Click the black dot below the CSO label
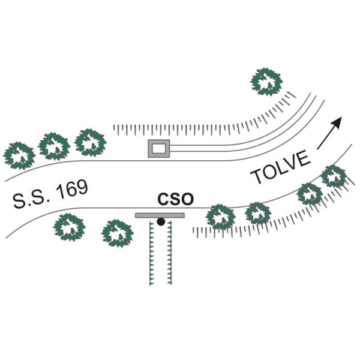(161, 221)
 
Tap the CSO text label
(176, 199)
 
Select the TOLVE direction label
(280, 167)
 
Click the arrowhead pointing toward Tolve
(337, 122)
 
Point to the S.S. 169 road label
(50, 194)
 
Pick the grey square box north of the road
(159, 148)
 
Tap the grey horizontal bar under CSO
(160, 215)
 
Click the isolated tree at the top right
(266, 82)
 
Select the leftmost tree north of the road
(19, 155)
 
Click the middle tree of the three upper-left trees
(54, 146)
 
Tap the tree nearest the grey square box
(90, 143)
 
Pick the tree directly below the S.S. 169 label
(70, 227)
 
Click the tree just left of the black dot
(118, 233)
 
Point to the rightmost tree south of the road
(334, 176)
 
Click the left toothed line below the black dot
(151, 253)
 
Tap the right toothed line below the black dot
(169, 253)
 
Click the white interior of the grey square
(159, 148)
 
